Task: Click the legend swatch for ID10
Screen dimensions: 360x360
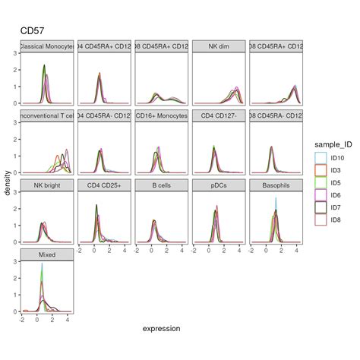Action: (x=320, y=157)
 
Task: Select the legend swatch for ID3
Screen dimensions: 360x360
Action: (x=320, y=170)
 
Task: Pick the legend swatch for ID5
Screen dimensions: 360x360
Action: (x=320, y=183)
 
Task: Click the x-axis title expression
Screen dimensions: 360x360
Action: (x=162, y=329)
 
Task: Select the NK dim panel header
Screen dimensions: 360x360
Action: (x=219, y=46)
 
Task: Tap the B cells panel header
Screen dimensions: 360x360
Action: (x=162, y=185)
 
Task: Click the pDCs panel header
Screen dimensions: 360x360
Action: (x=219, y=185)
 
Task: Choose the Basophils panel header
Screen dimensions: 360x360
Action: (x=276, y=185)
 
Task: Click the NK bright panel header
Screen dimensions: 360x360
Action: (x=47, y=185)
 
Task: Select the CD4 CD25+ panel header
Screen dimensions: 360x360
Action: (x=104, y=185)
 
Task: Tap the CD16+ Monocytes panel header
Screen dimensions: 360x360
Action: (x=162, y=115)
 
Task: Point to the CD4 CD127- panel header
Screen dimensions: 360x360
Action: (x=219, y=115)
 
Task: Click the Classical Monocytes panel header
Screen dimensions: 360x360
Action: (x=47, y=46)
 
